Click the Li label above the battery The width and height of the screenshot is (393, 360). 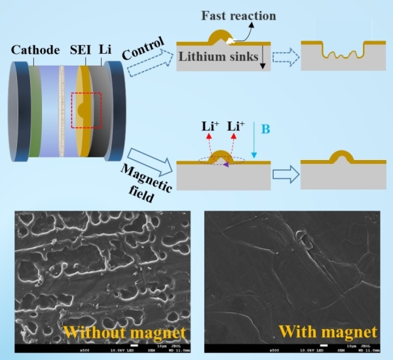pyautogui.click(x=105, y=50)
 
